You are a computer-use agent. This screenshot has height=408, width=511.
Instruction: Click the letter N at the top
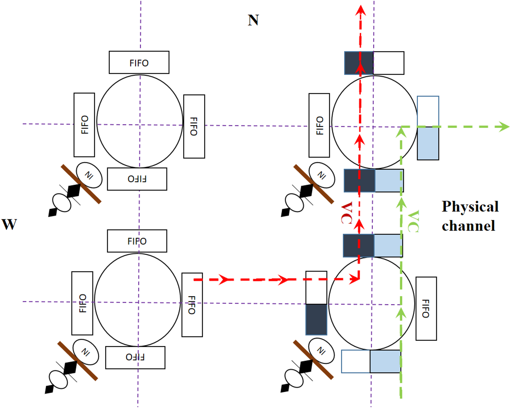(253, 20)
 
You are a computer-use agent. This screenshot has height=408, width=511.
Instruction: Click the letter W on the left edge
(9, 224)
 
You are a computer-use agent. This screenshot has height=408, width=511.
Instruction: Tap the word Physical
(470, 206)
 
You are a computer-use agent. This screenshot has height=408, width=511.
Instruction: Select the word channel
(468, 226)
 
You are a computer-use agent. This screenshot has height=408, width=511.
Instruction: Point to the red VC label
(346, 213)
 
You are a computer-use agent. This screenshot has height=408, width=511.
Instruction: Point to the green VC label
(413, 221)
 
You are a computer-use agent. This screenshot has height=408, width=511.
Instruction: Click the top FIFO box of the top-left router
(139, 63)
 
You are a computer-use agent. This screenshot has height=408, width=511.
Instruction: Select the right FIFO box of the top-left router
(194, 126)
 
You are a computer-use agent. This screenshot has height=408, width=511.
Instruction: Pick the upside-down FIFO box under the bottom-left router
(135, 357)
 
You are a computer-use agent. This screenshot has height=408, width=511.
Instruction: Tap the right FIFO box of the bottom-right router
(426, 308)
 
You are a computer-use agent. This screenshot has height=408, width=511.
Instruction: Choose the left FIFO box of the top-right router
(319, 125)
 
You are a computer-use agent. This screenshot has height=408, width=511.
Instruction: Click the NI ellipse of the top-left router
(89, 175)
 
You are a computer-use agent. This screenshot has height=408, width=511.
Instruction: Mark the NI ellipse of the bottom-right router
(321, 351)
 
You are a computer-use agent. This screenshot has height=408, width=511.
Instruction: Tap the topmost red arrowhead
(361, 10)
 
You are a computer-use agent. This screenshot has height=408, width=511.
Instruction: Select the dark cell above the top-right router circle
(359, 63)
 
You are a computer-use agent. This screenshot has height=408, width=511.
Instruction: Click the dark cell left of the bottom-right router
(316, 319)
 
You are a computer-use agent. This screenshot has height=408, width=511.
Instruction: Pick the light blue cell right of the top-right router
(428, 143)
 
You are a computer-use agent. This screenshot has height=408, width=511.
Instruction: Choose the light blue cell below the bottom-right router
(385, 361)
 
